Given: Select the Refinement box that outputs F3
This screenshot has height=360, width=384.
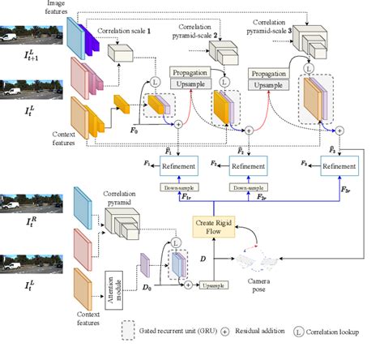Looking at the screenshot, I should pos(339,165).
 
